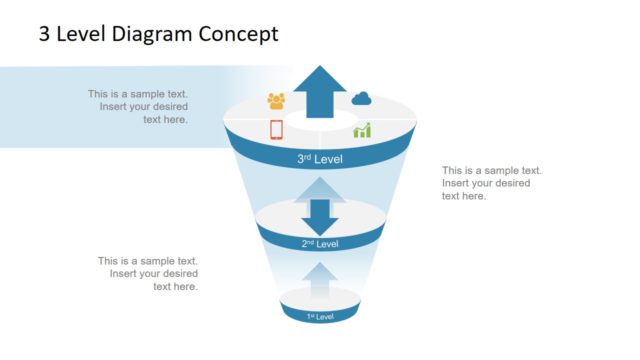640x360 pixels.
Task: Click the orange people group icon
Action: click(x=276, y=100)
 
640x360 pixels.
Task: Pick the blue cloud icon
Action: click(x=361, y=98)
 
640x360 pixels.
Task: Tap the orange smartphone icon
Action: click(x=277, y=129)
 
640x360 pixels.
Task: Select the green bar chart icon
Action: click(x=362, y=130)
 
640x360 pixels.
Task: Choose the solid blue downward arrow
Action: click(x=320, y=216)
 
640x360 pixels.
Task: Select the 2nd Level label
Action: click(x=320, y=244)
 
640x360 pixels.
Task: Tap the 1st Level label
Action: click(x=320, y=316)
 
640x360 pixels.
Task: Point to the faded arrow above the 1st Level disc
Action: click(x=320, y=280)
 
